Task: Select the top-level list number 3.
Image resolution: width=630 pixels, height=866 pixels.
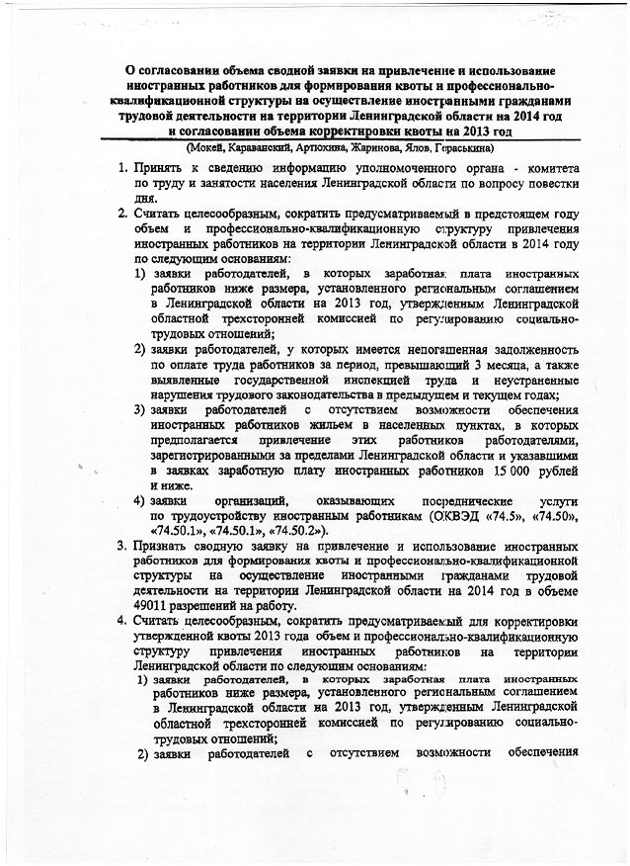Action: [120, 546]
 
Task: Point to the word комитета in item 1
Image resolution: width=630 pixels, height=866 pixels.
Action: [551, 169]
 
